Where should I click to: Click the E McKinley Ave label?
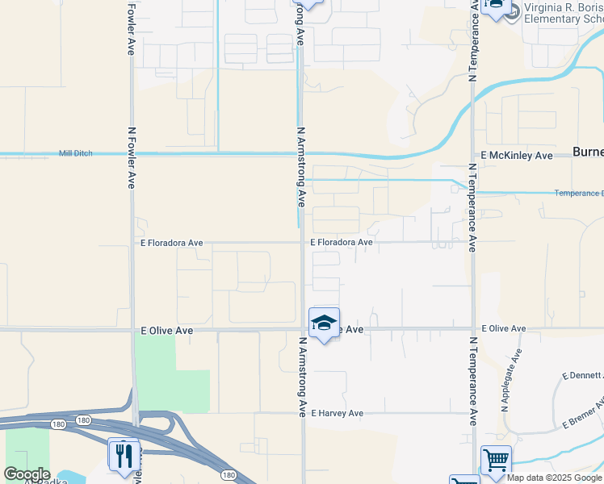pyautogui.click(x=517, y=155)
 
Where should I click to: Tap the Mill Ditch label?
pyautogui.click(x=76, y=153)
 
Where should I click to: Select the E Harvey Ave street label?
pyautogui.click(x=337, y=413)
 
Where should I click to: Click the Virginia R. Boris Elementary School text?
pyautogui.click(x=564, y=14)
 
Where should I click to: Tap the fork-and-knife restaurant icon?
pyautogui.click(x=124, y=456)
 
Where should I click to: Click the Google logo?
pyautogui.click(x=27, y=474)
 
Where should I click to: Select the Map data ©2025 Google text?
pyautogui.click(x=554, y=478)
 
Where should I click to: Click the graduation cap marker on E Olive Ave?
pyautogui.click(x=324, y=323)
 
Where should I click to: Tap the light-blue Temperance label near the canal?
pyautogui.click(x=578, y=194)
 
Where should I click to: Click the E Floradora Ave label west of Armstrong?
pyautogui.click(x=171, y=242)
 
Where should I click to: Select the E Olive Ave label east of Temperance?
pyautogui.click(x=504, y=329)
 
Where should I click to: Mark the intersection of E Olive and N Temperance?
pyautogui.click(x=472, y=329)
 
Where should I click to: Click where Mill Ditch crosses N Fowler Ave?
pyautogui.click(x=132, y=153)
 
